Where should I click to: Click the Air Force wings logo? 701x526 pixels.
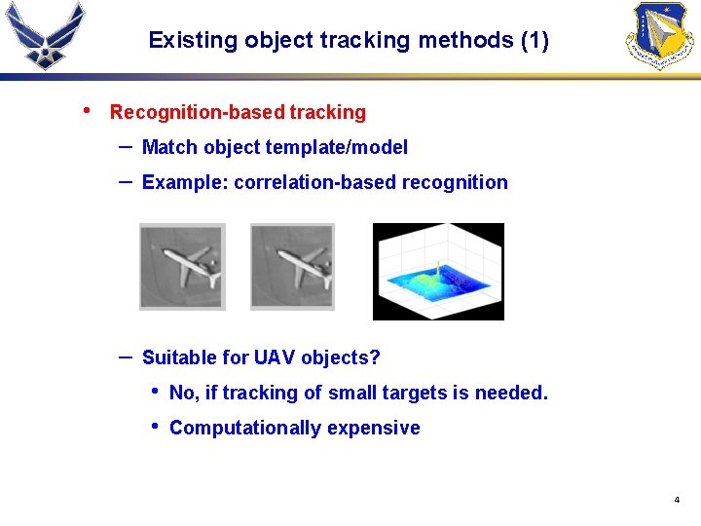pos(45,34)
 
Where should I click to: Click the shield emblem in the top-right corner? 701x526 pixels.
pos(662,35)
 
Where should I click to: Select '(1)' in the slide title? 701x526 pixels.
pos(535,41)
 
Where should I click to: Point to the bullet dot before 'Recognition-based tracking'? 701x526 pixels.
pos(89,110)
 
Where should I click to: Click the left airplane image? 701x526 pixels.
pos(182,266)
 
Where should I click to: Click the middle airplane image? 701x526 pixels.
pos(292,266)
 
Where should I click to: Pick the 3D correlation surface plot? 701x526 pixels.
pos(438,272)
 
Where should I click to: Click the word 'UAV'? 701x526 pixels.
pos(275,357)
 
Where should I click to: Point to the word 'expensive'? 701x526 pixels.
pos(374,428)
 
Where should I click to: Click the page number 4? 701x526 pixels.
pos(677,500)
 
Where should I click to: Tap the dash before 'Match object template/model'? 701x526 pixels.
pos(126,145)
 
